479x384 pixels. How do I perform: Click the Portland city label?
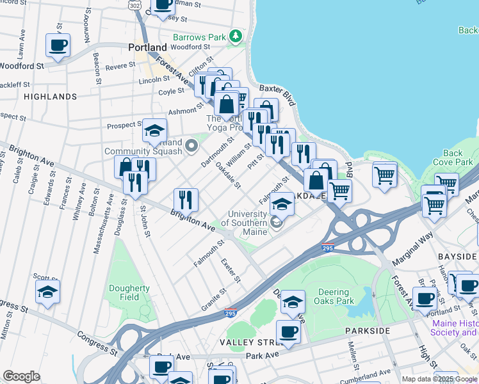click(147, 47)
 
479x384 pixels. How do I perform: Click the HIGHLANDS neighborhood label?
click(50, 97)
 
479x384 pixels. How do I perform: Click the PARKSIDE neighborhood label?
click(367, 330)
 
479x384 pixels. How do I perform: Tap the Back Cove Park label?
click(453, 157)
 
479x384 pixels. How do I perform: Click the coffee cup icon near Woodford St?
click(58, 45)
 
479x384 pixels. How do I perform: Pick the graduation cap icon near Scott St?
click(48, 292)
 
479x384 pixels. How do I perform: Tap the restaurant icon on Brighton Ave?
click(186, 199)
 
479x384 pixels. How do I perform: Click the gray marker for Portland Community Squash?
click(191, 147)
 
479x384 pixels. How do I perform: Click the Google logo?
click(21, 376)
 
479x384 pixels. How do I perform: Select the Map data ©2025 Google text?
click(439, 379)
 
